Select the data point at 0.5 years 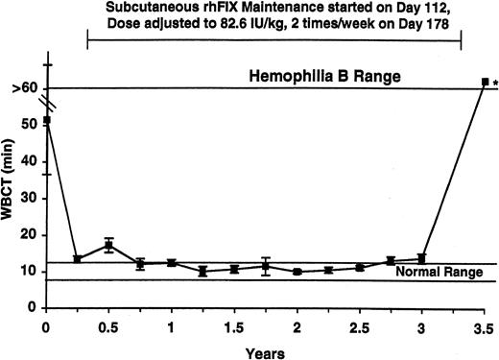pyautogui.click(x=109, y=246)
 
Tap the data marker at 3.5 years pyautogui.click(x=485, y=82)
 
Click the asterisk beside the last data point pyautogui.click(x=494, y=84)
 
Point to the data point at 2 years pyautogui.click(x=297, y=272)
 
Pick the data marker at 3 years pyautogui.click(x=421, y=257)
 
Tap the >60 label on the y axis pyautogui.click(x=26, y=88)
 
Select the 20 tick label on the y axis pyautogui.click(x=29, y=235)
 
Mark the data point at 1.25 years pyautogui.click(x=202, y=271)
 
